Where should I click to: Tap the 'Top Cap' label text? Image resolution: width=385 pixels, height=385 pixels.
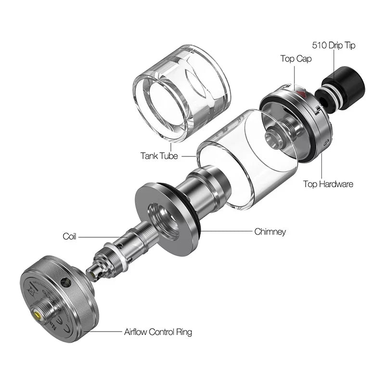click(296, 59)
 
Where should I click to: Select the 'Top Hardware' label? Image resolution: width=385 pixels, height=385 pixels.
click(328, 184)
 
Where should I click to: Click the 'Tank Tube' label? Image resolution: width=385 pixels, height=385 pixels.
click(159, 156)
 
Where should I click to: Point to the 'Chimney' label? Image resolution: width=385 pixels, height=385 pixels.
click(270, 231)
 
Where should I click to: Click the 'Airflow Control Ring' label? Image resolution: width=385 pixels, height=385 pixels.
click(158, 332)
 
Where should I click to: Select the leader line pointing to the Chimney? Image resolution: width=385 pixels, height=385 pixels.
click(226, 231)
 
